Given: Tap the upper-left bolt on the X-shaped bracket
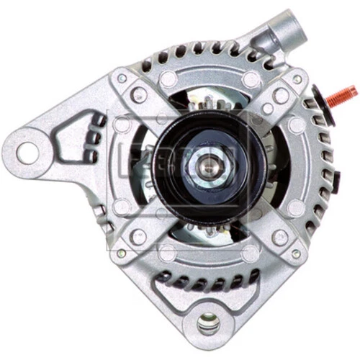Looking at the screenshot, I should coord(138,95).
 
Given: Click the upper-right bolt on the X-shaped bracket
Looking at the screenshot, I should coord(279,95).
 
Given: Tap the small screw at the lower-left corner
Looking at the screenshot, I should coord(122,253).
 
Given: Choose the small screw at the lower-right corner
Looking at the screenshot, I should coord(296,253).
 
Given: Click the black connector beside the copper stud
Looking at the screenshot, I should coord(318,101).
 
